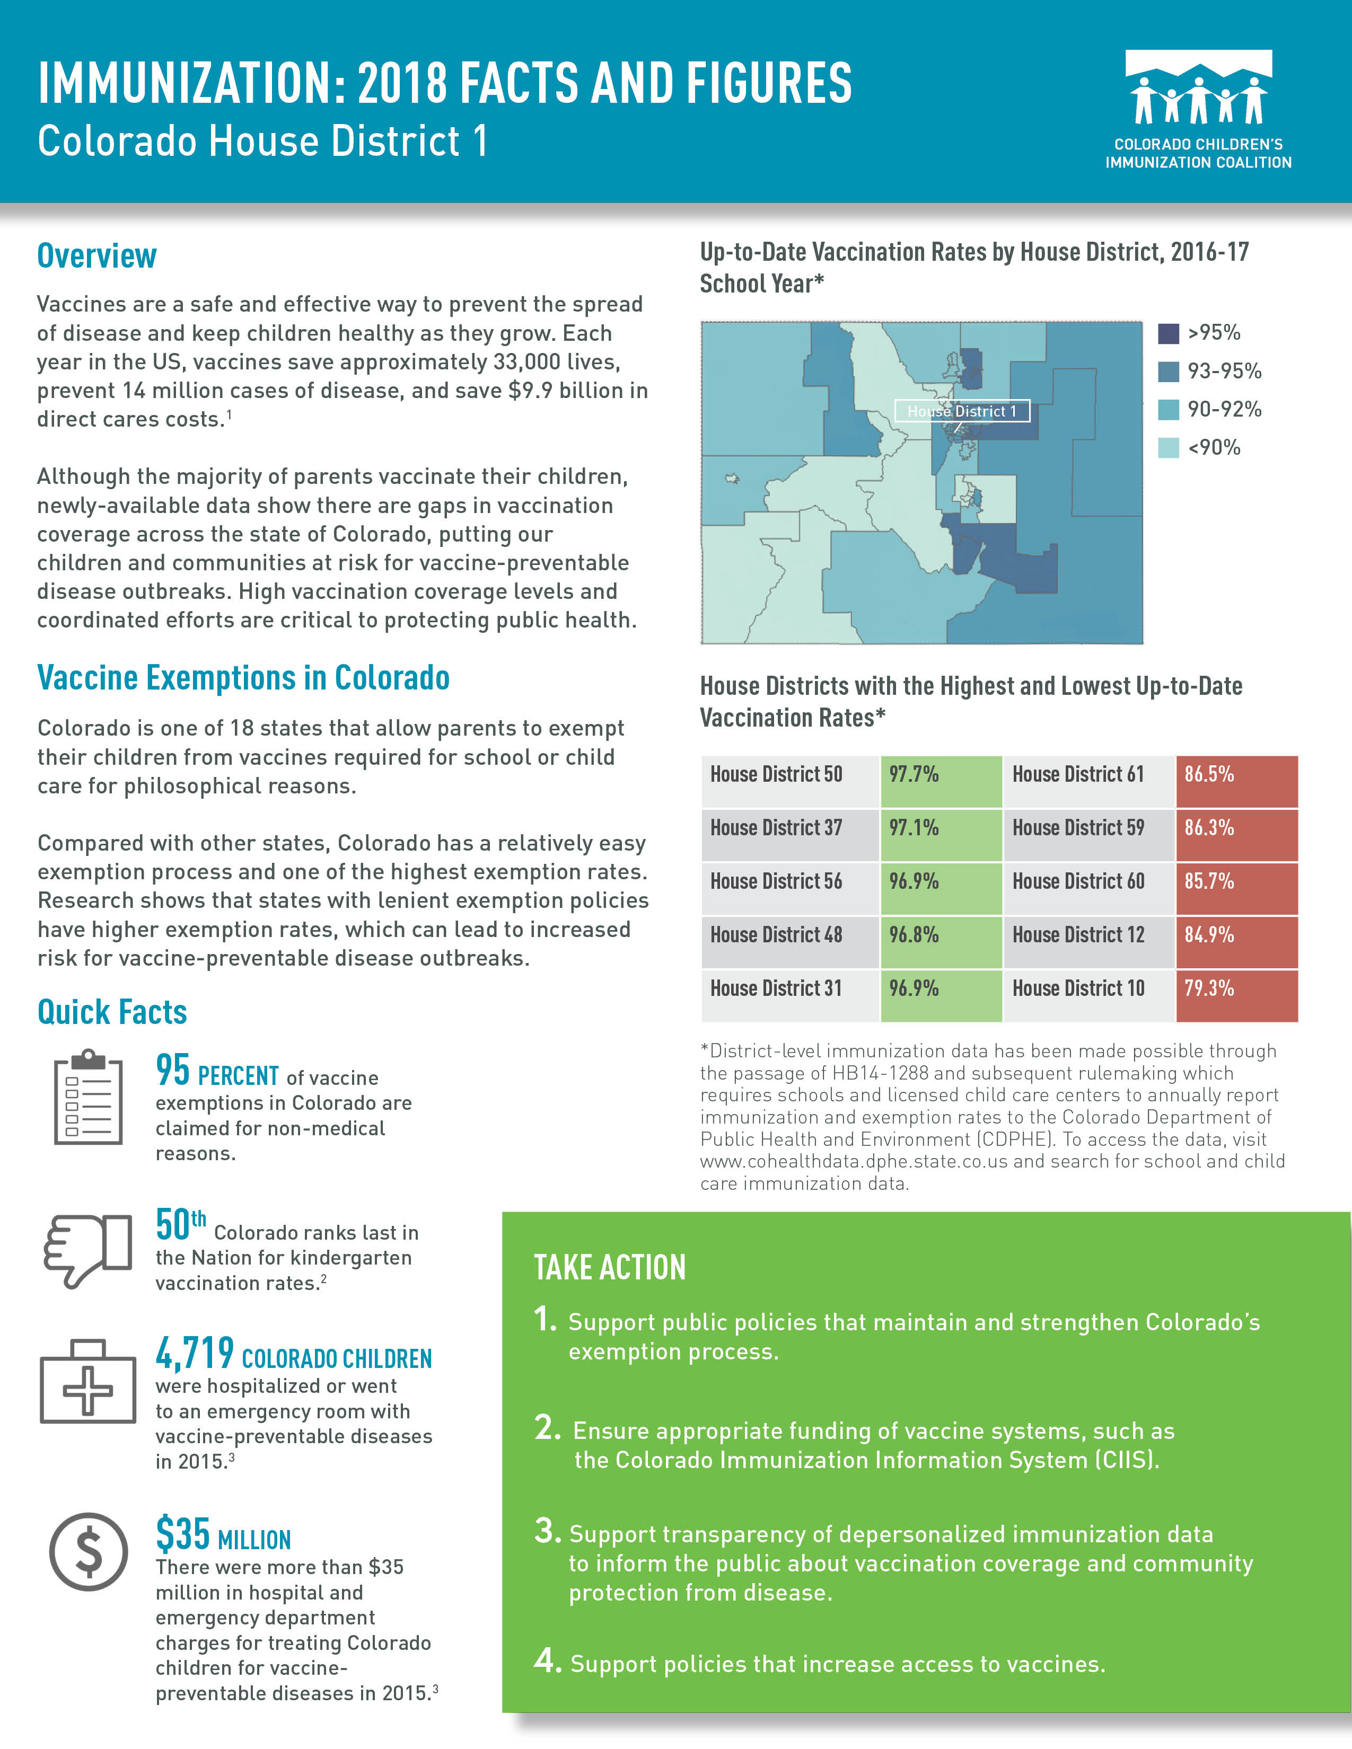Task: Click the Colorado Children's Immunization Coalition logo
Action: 1198,109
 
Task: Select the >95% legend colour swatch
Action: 1169,333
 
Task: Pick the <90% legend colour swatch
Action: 1169,448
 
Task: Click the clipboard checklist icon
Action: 88,1097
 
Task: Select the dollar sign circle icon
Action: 88,1552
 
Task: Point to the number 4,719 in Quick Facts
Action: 195,1354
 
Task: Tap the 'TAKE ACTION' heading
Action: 610,1268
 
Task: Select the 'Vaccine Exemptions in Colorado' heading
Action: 243,677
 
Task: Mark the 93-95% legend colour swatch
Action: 1169,372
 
